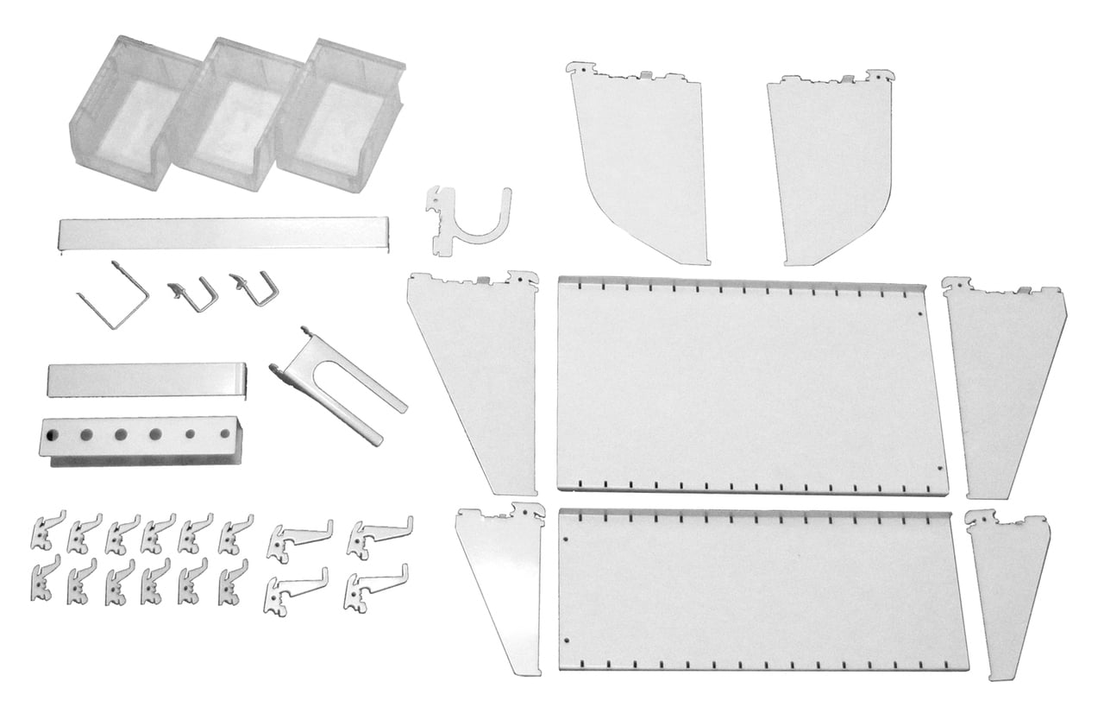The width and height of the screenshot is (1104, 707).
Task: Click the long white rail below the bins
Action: (x=223, y=234)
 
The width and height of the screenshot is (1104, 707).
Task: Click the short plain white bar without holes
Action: (x=147, y=380)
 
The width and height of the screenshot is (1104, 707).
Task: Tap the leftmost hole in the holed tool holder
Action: (x=52, y=434)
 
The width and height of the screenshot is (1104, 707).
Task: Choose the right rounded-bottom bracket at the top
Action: (x=828, y=164)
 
